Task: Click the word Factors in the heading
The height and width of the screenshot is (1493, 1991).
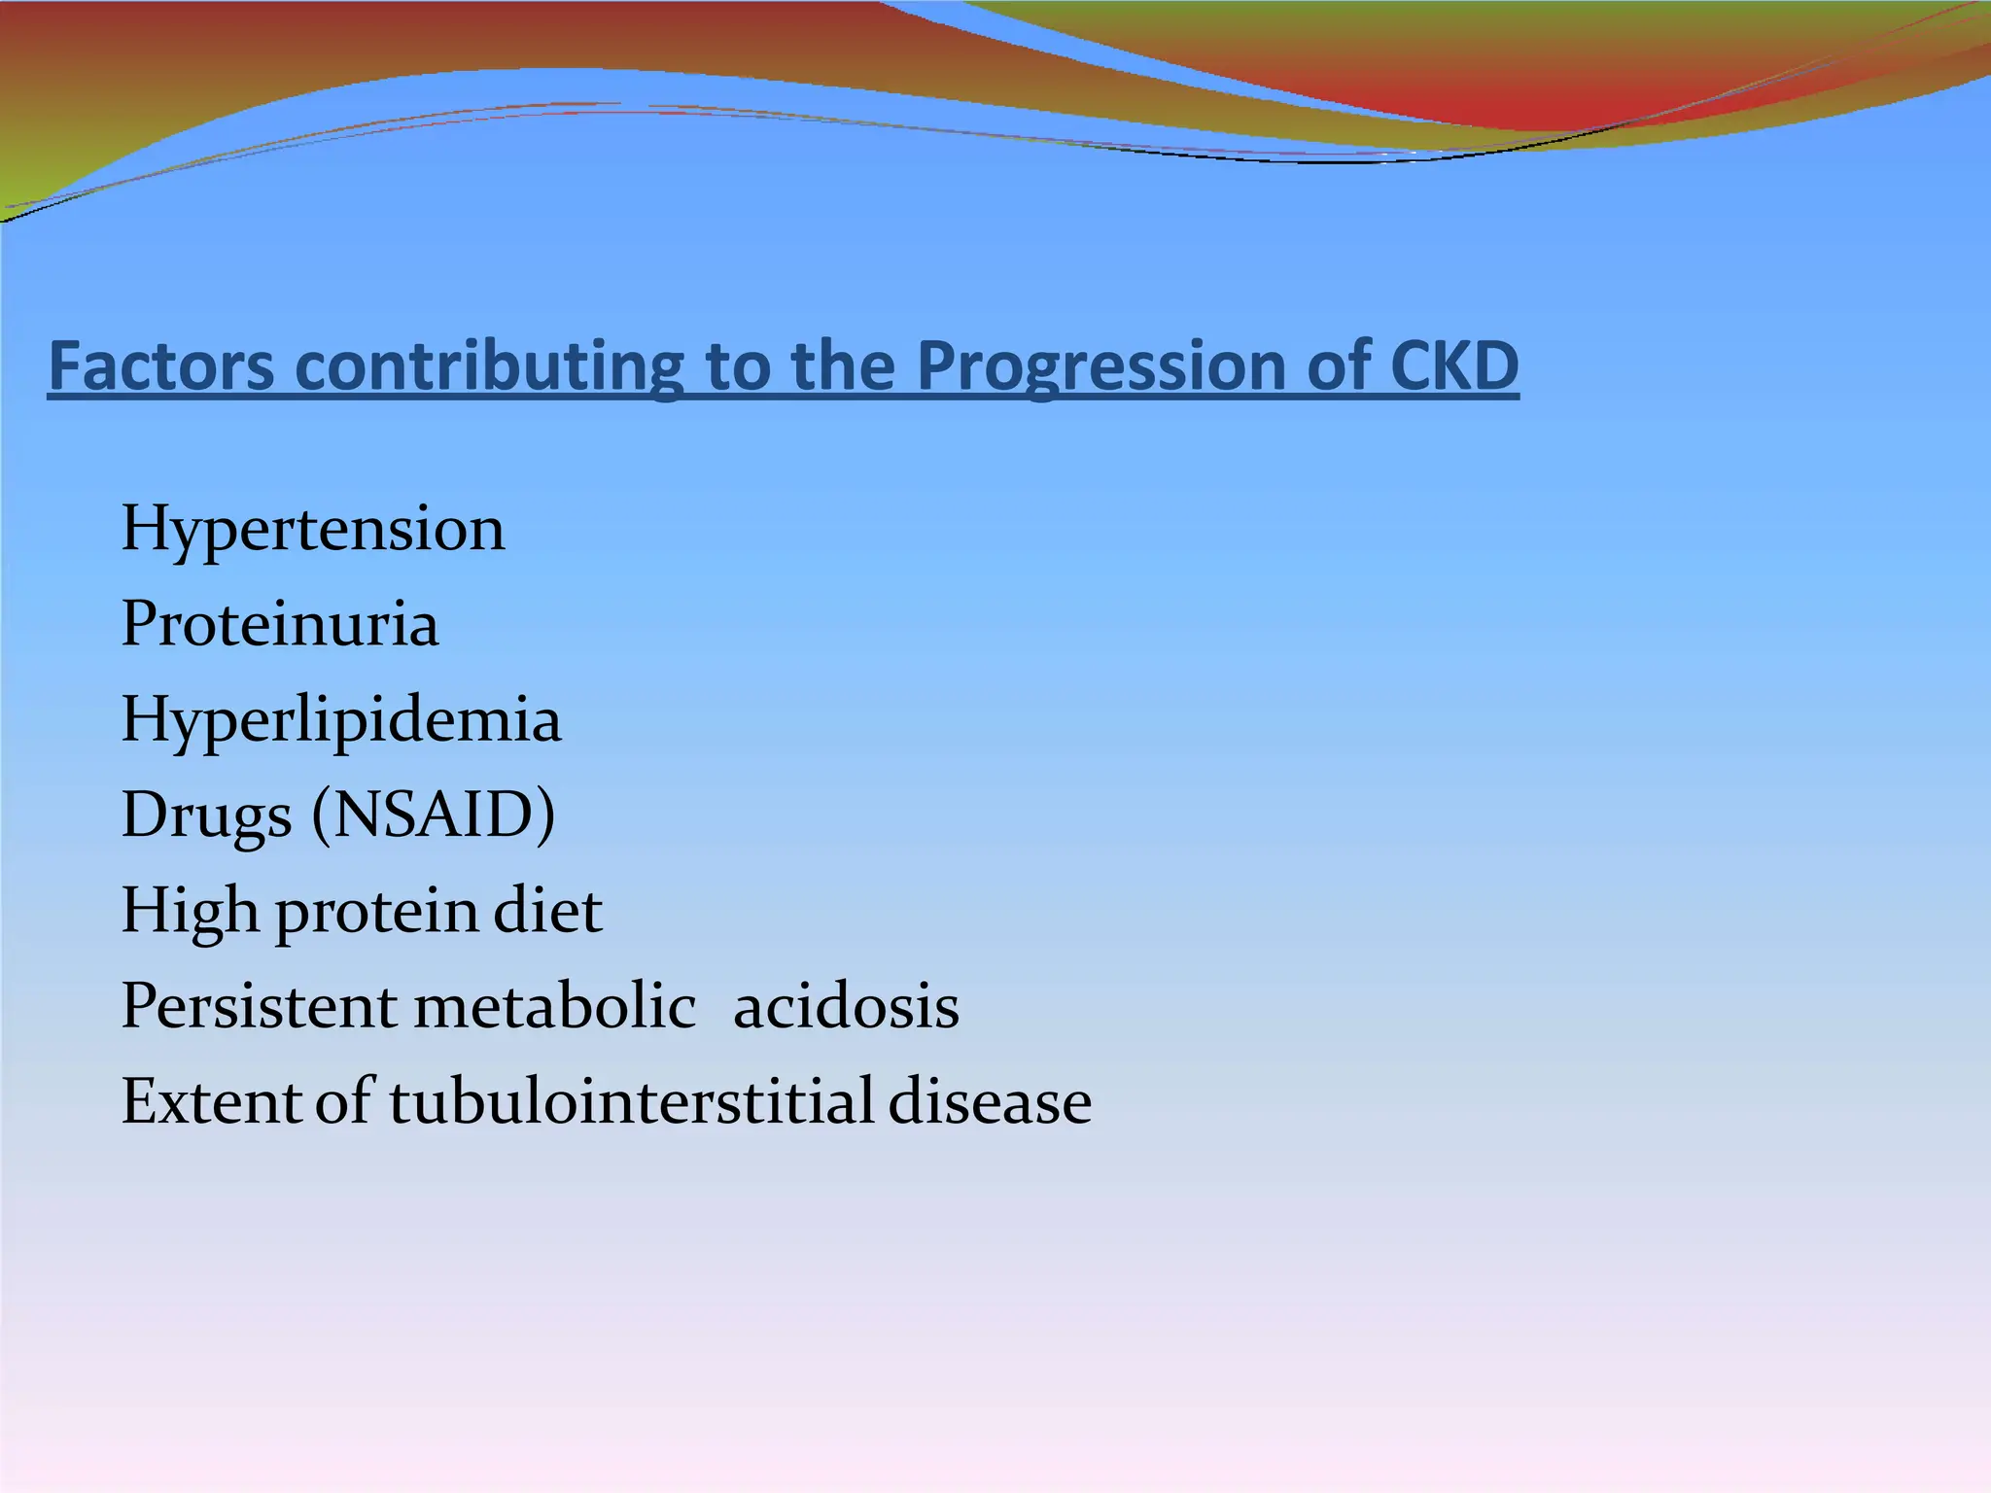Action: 161,366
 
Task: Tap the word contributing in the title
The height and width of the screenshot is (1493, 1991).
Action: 489,366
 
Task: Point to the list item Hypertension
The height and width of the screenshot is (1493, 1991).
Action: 312,531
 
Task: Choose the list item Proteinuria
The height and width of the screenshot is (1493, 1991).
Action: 279,624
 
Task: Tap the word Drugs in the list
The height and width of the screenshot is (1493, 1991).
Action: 206,816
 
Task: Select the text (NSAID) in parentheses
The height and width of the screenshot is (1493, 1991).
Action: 434,815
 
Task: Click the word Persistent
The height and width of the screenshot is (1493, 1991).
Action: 259,1006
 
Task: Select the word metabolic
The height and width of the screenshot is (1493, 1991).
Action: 555,1006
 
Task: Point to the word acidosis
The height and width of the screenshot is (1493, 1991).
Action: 846,1006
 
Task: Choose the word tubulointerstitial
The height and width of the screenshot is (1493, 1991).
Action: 632,1102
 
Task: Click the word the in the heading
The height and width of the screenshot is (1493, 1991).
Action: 843,366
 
